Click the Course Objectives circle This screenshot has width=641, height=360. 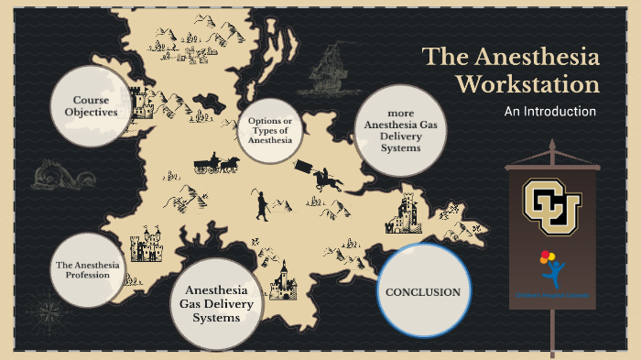pos(89,106)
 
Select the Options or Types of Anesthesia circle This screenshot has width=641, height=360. pos(270,130)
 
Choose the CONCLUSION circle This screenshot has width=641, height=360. pos(422,290)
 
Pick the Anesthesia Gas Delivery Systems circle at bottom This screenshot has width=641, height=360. pos(217,304)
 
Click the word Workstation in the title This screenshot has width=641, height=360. pos(527,85)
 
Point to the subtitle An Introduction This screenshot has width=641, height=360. pos(550,112)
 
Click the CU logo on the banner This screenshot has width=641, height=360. pos(552,202)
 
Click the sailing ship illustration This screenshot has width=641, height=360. pos(329,69)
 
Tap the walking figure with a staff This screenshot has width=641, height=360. pos(261,205)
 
